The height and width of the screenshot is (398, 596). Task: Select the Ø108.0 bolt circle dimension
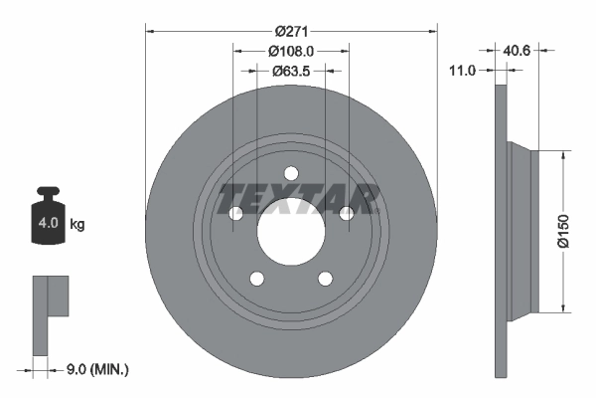291,50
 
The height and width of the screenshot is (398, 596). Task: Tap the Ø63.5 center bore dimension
291,71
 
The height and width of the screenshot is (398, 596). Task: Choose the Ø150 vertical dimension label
562,230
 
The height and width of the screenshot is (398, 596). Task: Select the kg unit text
77,225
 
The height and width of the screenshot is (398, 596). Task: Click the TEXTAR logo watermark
298,198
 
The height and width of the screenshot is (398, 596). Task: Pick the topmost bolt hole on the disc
291,172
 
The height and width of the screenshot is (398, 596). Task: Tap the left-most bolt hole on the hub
235,213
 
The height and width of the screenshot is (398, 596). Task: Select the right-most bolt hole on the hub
347,213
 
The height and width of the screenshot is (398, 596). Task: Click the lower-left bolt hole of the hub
256,279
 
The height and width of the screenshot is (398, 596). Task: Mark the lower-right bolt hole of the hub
326,279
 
